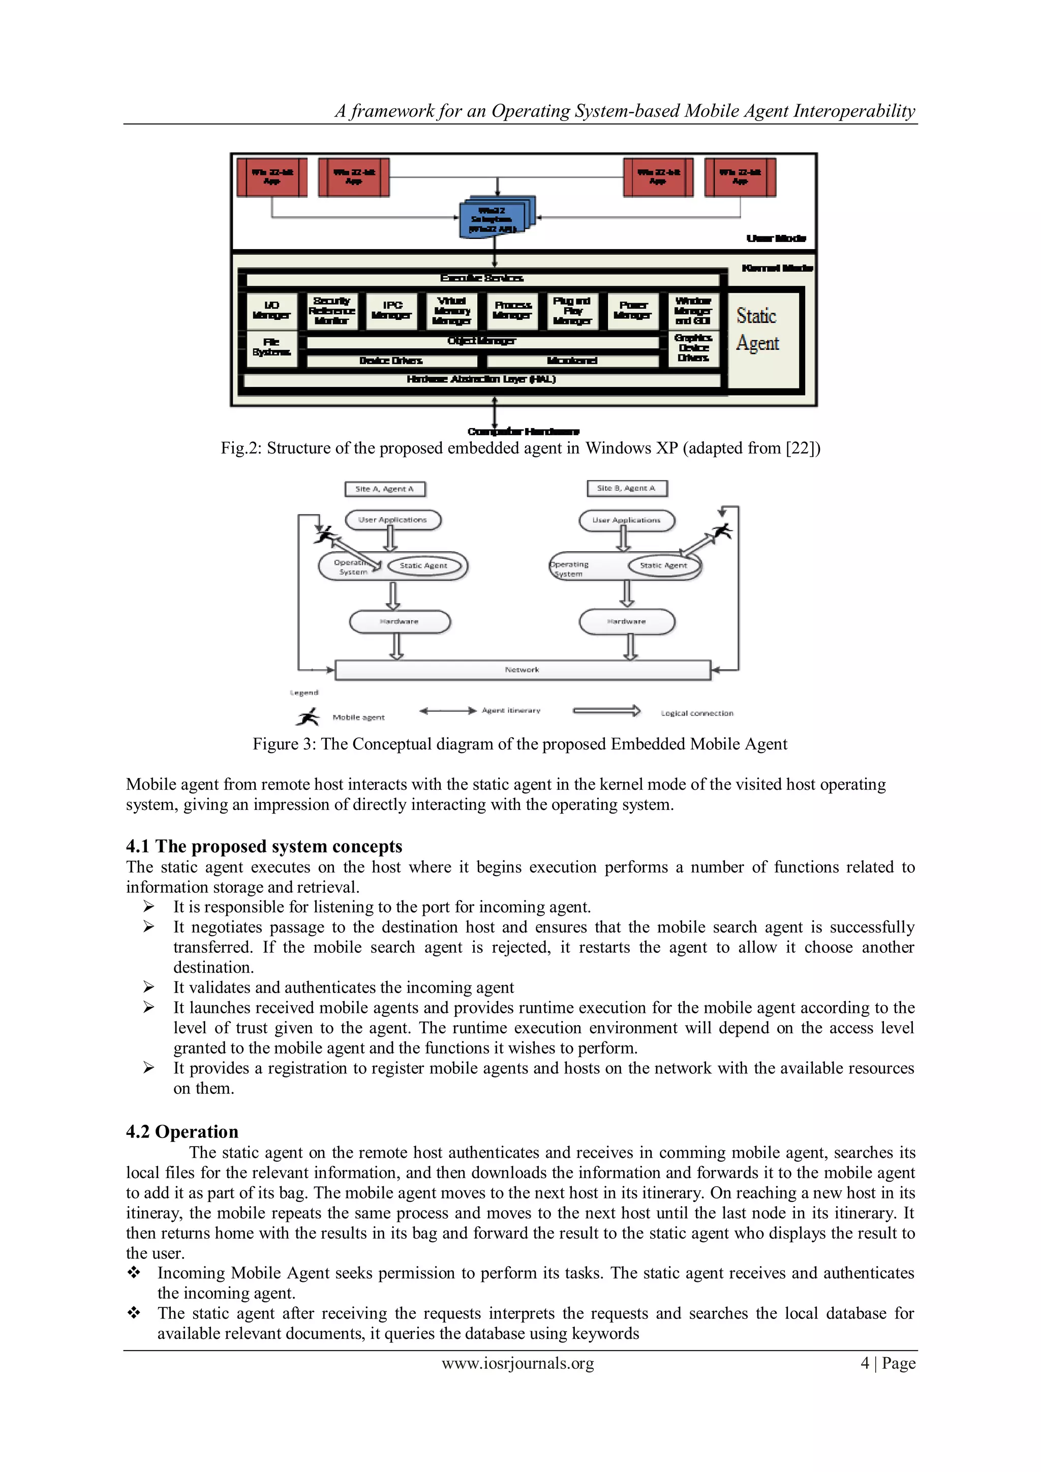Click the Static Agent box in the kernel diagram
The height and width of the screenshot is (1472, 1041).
click(x=763, y=340)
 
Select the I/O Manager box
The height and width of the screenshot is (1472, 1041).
click(x=272, y=310)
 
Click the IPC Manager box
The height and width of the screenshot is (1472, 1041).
click(x=392, y=310)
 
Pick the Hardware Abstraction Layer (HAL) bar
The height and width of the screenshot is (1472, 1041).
click(x=481, y=379)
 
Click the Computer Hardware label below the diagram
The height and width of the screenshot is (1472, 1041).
click(x=523, y=432)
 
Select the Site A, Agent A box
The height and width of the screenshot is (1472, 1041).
click(x=385, y=489)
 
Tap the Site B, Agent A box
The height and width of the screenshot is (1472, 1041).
click(x=626, y=489)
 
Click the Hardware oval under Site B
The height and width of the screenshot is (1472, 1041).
click(x=626, y=621)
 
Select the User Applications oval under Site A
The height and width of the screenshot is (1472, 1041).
click(x=392, y=520)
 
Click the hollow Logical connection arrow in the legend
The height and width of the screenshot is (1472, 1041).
click(x=606, y=710)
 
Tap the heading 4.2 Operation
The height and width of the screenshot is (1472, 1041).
click(x=182, y=1131)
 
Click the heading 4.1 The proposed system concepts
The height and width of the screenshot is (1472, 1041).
click(x=264, y=846)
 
